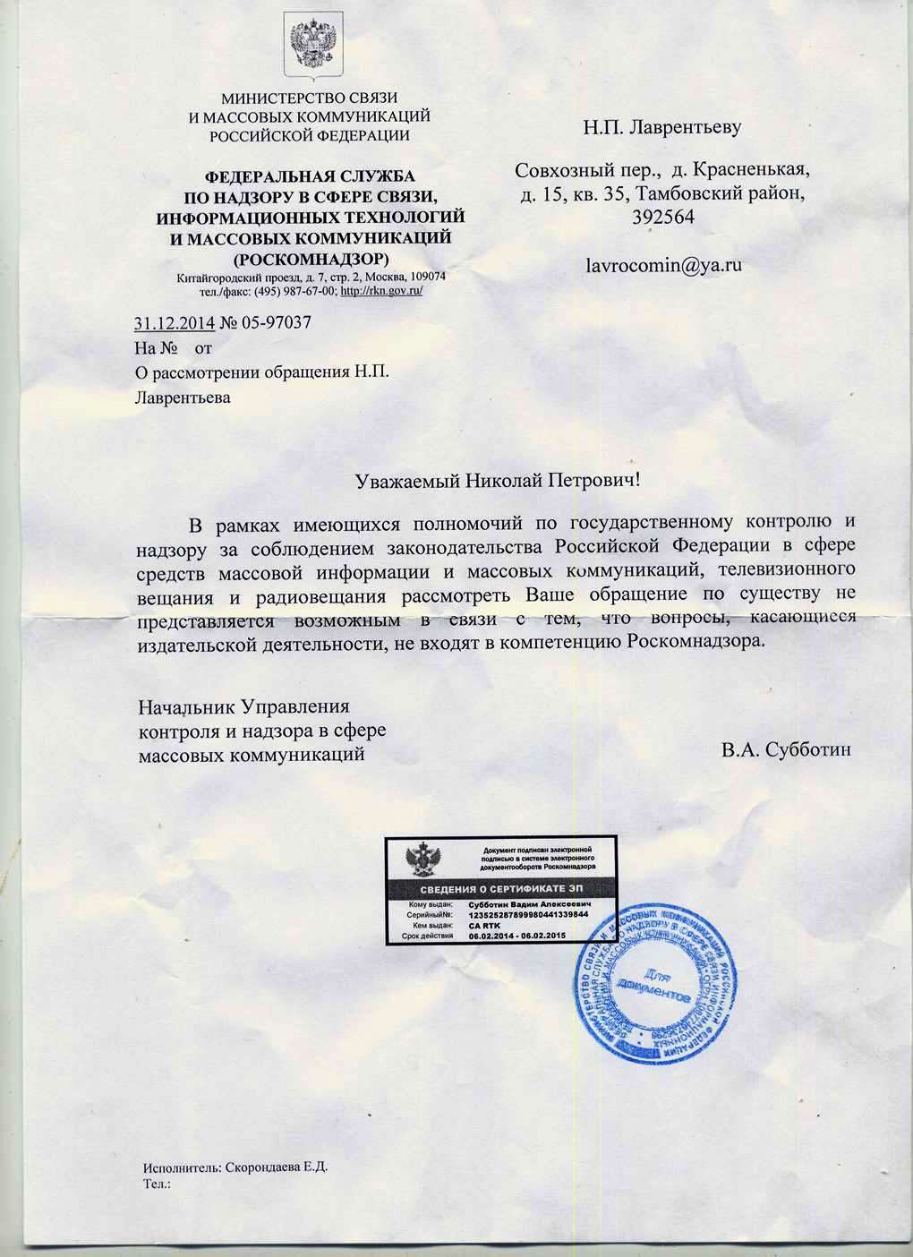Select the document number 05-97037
[276, 323]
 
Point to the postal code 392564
[662, 218]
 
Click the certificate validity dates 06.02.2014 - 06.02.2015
[523, 936]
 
